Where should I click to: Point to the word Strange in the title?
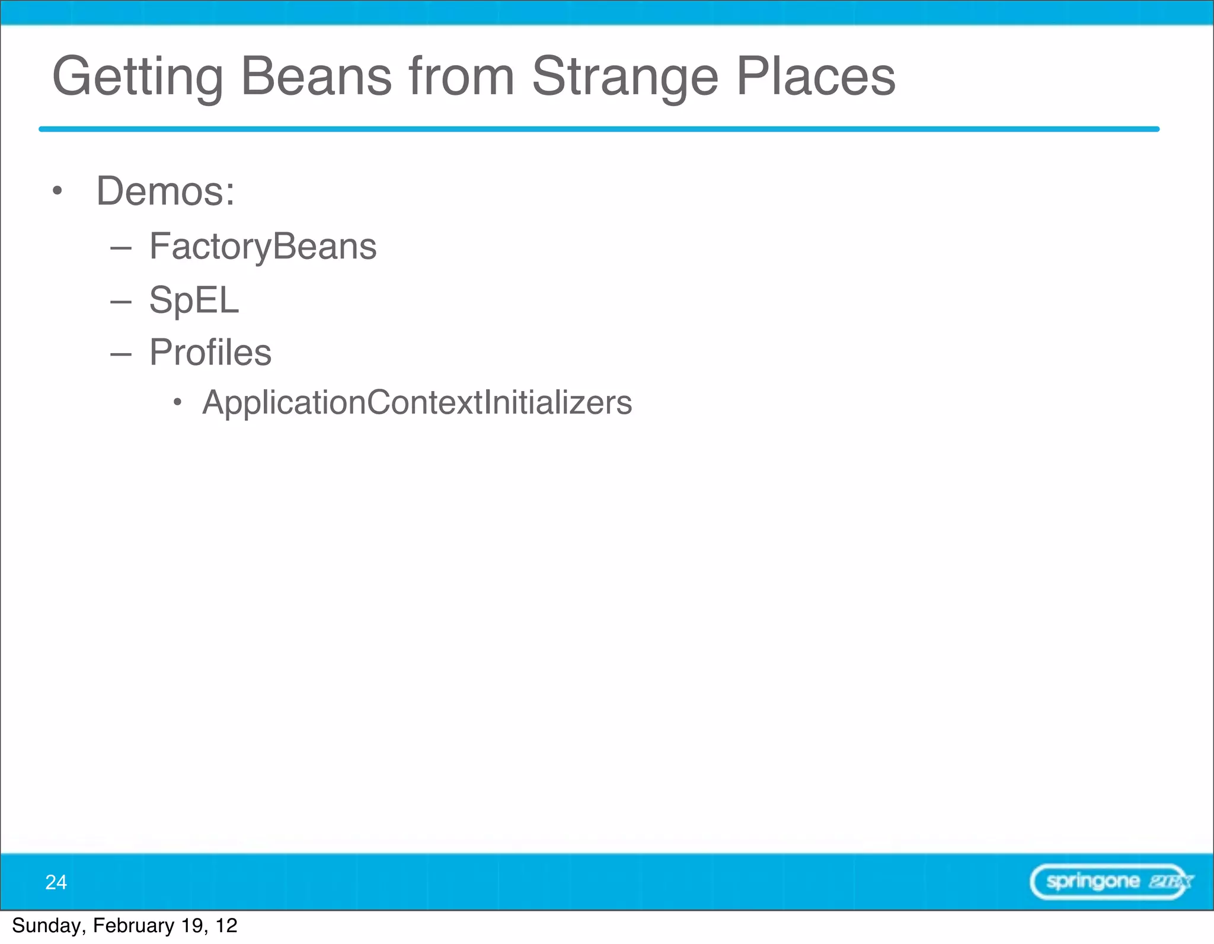pos(625,77)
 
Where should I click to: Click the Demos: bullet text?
pos(165,191)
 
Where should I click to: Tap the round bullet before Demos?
pos(57,191)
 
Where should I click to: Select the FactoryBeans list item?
pos(263,246)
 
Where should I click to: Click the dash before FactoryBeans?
pos(120,248)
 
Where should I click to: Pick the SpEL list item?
pos(194,300)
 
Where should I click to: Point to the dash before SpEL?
pos(120,302)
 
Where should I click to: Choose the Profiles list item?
pos(210,353)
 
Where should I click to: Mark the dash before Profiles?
pos(120,354)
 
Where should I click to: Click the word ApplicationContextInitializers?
pos(417,403)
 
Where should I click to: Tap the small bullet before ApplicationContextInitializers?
pos(177,403)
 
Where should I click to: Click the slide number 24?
pos(56,882)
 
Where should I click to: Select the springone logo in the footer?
pos(1111,882)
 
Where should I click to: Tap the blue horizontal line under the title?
pos(599,129)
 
